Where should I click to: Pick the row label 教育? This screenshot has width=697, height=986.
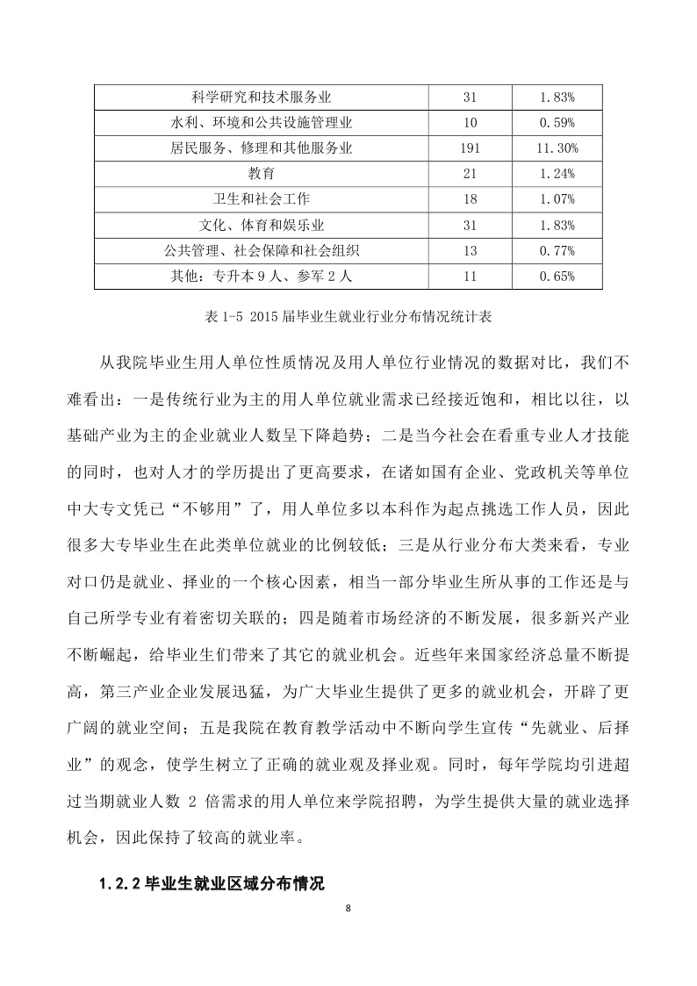[x=261, y=173]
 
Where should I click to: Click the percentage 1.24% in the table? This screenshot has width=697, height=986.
[x=557, y=173]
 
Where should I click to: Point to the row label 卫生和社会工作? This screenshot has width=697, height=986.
[x=261, y=199]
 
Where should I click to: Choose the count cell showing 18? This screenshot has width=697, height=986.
[x=470, y=199]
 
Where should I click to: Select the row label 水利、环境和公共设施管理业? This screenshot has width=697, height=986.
[x=261, y=121]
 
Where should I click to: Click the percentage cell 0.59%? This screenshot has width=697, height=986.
[x=557, y=121]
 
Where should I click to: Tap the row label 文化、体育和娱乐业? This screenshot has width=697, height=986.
[x=261, y=225]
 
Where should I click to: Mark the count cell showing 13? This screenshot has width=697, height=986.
[x=470, y=251]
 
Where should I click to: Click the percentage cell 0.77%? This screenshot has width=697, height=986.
[x=557, y=251]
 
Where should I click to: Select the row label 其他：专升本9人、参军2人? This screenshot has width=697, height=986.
[x=261, y=277]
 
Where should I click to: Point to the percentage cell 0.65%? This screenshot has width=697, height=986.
[x=557, y=277]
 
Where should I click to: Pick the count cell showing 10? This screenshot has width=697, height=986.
[x=470, y=121]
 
